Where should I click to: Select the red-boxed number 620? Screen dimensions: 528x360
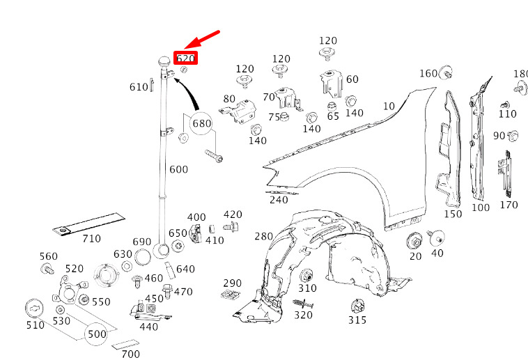tap(185, 58)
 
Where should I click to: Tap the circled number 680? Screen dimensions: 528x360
tap(202, 123)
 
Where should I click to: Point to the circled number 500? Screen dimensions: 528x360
tap(97, 334)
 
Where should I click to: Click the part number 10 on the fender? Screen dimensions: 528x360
tap(389, 106)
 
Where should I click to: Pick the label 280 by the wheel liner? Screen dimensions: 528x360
tap(263, 236)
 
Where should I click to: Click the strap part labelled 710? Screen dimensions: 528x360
tap(89, 224)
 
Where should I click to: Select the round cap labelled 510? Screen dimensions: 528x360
tap(35, 308)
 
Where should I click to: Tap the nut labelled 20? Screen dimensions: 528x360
tap(414, 241)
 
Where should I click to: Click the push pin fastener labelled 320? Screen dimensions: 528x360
tap(303, 304)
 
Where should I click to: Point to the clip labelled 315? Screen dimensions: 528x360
tap(357, 306)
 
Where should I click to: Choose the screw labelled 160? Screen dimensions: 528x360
tap(447, 72)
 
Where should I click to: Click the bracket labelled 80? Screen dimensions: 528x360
tap(238, 111)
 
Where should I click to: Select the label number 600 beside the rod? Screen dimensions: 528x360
tap(178, 169)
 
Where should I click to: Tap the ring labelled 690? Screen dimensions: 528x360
tap(143, 257)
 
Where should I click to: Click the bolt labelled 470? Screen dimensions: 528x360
tap(166, 291)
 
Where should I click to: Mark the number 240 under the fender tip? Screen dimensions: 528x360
tap(279, 200)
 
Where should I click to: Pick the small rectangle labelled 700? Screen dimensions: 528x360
tap(125, 344)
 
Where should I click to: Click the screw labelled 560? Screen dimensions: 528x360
tap(47, 269)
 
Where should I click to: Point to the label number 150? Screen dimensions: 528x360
tap(453, 214)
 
